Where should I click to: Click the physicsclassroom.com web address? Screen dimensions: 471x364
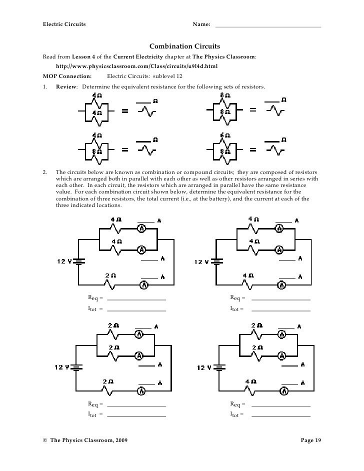(x=136, y=66)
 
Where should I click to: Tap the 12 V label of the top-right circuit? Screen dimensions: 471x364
(x=203, y=262)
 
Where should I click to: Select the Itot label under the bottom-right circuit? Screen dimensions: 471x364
(x=236, y=414)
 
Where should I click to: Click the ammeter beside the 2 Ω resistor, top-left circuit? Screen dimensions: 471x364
(x=144, y=285)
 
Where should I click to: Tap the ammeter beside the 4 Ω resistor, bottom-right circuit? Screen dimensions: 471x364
(x=283, y=390)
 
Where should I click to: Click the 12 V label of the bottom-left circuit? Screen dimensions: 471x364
(x=62, y=367)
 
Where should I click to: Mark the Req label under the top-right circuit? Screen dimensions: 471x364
(x=236, y=298)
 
